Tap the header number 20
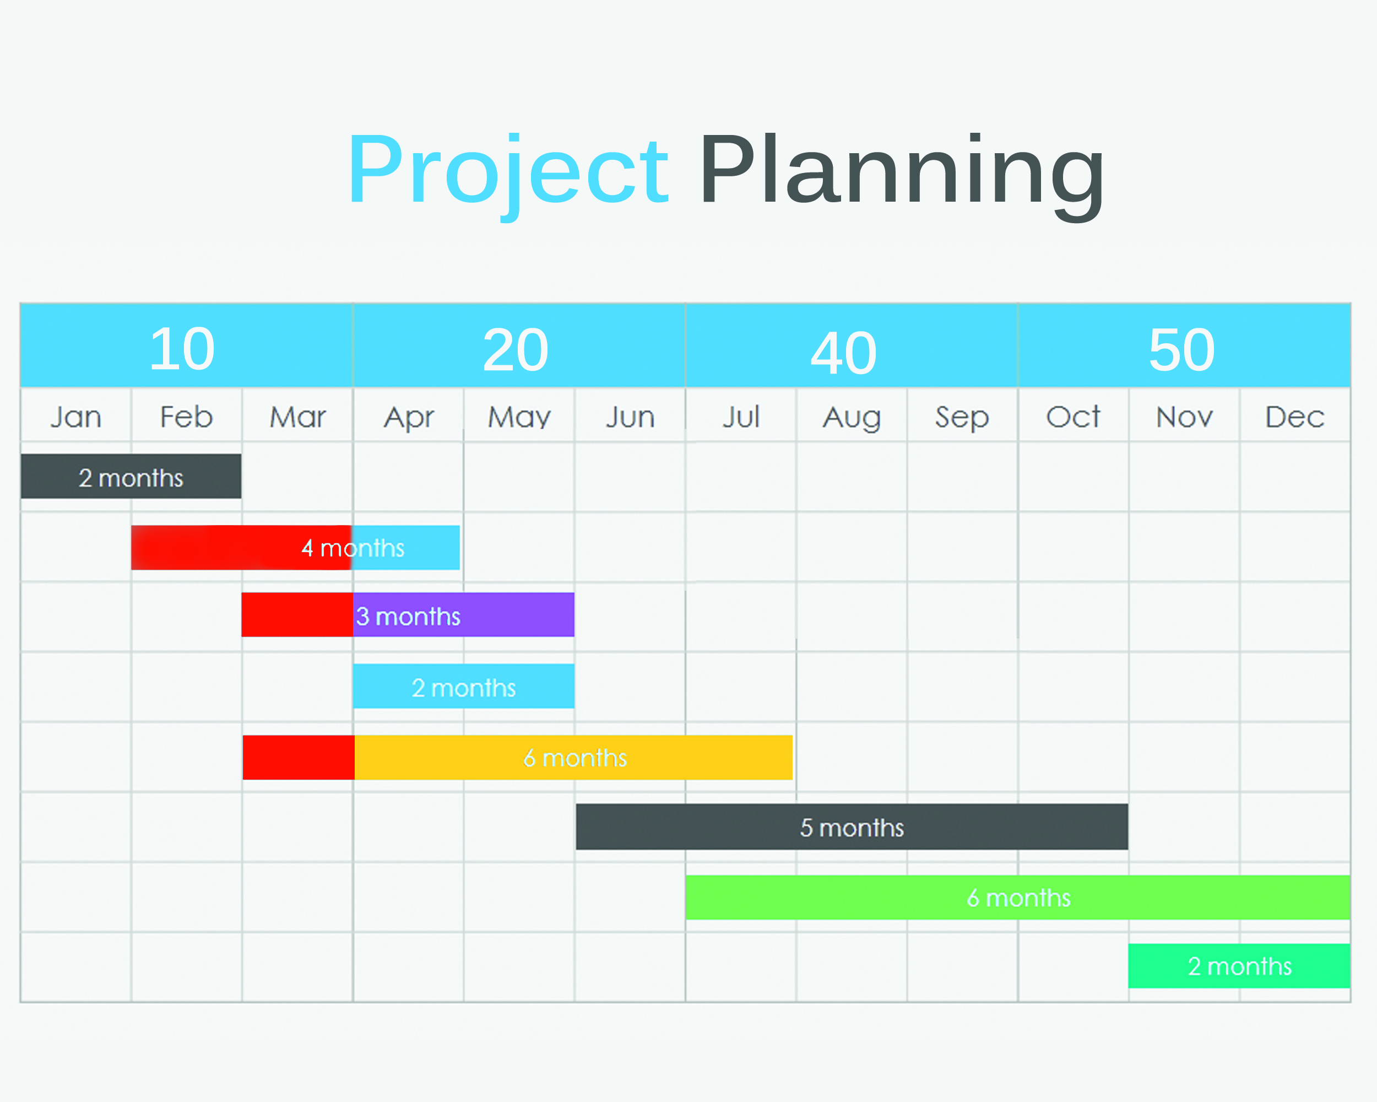(x=516, y=349)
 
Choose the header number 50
(x=1181, y=349)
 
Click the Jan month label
(x=76, y=417)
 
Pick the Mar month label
(x=297, y=417)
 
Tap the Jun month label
(x=630, y=417)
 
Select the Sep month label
(x=962, y=418)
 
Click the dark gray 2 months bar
(x=131, y=477)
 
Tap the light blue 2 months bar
(x=464, y=686)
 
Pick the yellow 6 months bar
(x=573, y=758)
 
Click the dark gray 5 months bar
(x=852, y=827)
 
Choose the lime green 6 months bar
(x=1018, y=898)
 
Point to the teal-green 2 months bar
(x=1240, y=966)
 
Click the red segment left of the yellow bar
(x=299, y=758)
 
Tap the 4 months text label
(x=353, y=548)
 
